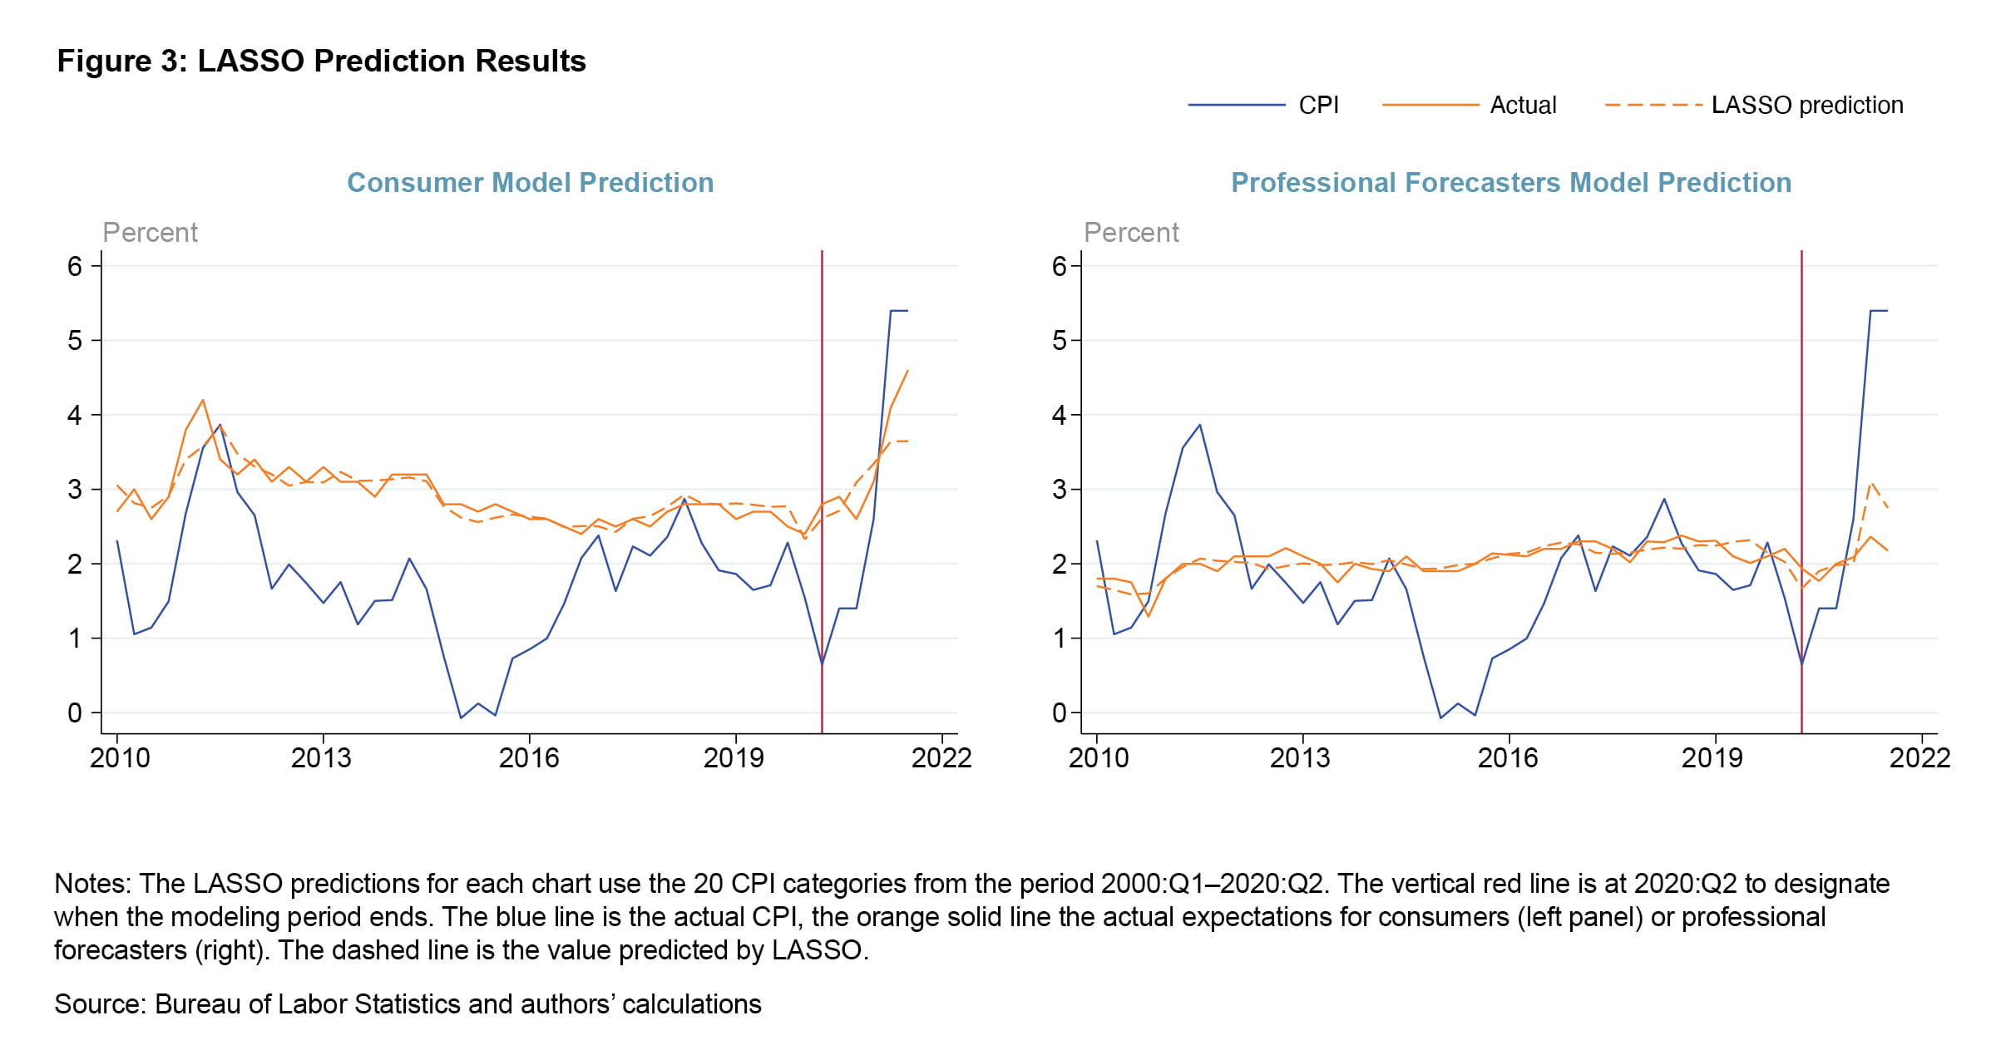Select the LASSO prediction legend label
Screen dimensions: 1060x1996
coord(1806,106)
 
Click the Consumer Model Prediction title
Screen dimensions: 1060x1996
coord(530,183)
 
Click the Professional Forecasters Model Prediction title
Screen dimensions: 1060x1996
coord(1510,183)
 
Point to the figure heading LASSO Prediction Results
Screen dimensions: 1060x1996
coord(321,62)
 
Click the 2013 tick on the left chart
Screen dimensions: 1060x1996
coord(322,757)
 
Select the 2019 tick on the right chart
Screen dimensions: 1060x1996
coord(1712,757)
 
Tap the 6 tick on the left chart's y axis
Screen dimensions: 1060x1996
coord(75,267)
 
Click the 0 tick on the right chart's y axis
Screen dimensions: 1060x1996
coord(1058,713)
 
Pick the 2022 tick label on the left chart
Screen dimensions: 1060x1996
coord(941,757)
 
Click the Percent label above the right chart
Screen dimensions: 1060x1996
coord(1131,233)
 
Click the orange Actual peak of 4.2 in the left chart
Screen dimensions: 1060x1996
coord(203,401)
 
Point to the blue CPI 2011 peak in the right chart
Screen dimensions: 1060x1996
coord(1199,425)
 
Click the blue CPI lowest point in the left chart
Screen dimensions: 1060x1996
coord(461,717)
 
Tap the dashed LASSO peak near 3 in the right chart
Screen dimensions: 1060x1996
coord(1871,482)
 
